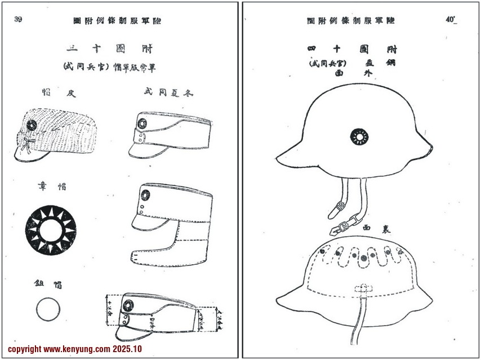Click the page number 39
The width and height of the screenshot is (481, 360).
[19, 20]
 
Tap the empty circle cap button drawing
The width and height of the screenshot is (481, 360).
[48, 308]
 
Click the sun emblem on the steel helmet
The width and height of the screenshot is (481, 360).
[358, 136]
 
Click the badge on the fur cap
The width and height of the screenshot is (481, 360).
[31, 124]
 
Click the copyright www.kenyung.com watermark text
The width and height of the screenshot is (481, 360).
[75, 349]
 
